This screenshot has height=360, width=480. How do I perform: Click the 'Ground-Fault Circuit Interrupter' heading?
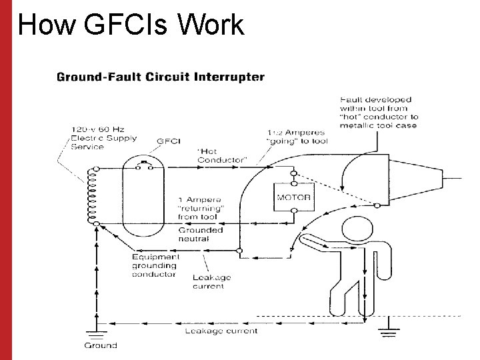point(161,77)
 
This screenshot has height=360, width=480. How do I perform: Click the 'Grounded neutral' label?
point(200,234)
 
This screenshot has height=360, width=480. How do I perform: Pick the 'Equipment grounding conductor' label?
point(155,265)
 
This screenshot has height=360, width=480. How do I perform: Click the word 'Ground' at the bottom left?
point(100,345)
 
